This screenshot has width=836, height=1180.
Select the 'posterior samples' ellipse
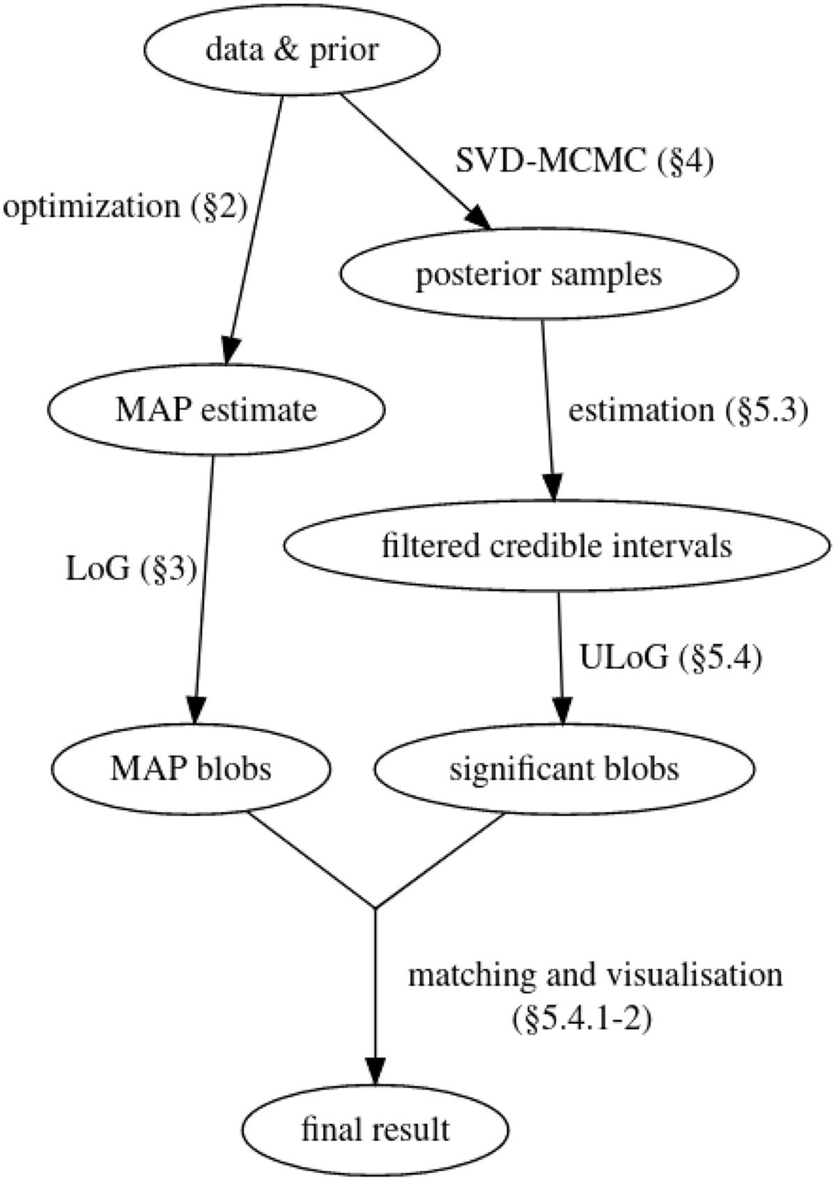tap(539, 274)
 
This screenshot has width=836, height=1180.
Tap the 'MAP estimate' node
tap(216, 409)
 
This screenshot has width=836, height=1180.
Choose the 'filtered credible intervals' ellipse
tap(557, 545)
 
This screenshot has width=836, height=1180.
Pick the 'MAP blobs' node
tap(191, 769)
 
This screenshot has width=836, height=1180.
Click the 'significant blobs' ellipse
tap(564, 769)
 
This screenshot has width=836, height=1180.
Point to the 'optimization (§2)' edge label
tap(125, 207)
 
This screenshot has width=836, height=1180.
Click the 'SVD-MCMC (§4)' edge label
tap(584, 162)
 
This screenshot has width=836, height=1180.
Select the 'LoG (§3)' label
tap(131, 569)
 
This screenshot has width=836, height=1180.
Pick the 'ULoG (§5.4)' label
tap(669, 658)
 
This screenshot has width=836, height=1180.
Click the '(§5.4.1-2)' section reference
tap(580, 1021)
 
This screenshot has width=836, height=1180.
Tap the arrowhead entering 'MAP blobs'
tap(195, 711)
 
